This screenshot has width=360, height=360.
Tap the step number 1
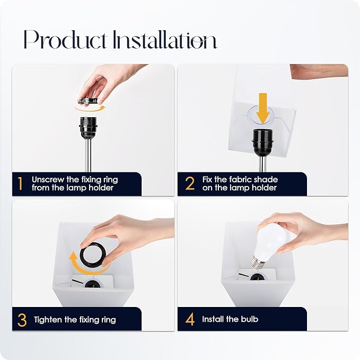21,183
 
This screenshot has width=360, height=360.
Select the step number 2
190,183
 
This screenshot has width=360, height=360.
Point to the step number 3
22,320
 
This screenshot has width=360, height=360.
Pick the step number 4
190,319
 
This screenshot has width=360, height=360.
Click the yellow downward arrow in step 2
263,108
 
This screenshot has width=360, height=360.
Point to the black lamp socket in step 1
88,127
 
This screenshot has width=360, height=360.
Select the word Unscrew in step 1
48,179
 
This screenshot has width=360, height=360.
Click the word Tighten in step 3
48,320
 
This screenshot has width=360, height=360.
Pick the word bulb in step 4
250,319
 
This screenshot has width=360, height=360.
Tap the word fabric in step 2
238,179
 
